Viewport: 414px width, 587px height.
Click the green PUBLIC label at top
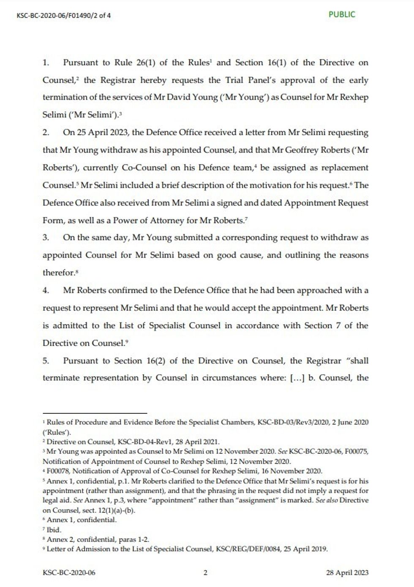pos(342,14)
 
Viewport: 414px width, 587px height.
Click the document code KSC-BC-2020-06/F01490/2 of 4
pos(64,16)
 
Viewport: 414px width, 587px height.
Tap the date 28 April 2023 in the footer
pos(347,573)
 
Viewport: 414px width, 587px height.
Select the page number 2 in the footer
pos(205,573)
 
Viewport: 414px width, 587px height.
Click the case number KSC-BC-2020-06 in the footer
pos(69,573)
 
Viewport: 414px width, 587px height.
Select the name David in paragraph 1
pos(179,97)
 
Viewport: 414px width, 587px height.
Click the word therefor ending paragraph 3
pos(58,273)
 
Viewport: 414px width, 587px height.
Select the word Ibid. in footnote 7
pos(54,530)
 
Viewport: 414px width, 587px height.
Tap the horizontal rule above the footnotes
pos(95,413)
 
